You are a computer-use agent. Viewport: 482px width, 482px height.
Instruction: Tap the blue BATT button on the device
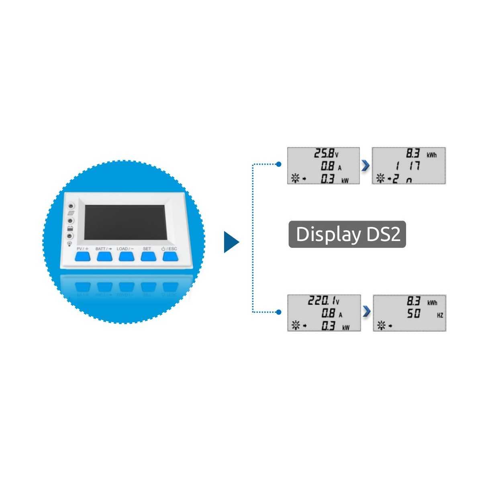104,256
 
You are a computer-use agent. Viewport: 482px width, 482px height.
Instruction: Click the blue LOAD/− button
127,256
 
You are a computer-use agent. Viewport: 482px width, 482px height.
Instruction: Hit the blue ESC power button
170,256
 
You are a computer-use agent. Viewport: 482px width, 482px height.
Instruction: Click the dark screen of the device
125,222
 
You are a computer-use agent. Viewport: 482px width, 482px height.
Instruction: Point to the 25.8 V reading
323,153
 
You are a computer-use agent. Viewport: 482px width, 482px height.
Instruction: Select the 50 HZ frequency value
414,314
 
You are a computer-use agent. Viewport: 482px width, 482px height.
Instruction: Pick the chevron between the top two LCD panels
366,165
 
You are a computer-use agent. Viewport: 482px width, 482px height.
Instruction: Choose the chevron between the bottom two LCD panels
366,312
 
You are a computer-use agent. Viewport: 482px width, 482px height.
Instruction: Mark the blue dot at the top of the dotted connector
279,164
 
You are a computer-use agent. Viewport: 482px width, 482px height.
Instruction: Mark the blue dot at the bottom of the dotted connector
279,312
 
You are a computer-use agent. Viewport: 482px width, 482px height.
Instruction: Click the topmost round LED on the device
71,206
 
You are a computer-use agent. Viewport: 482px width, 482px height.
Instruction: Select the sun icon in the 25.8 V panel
295,179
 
